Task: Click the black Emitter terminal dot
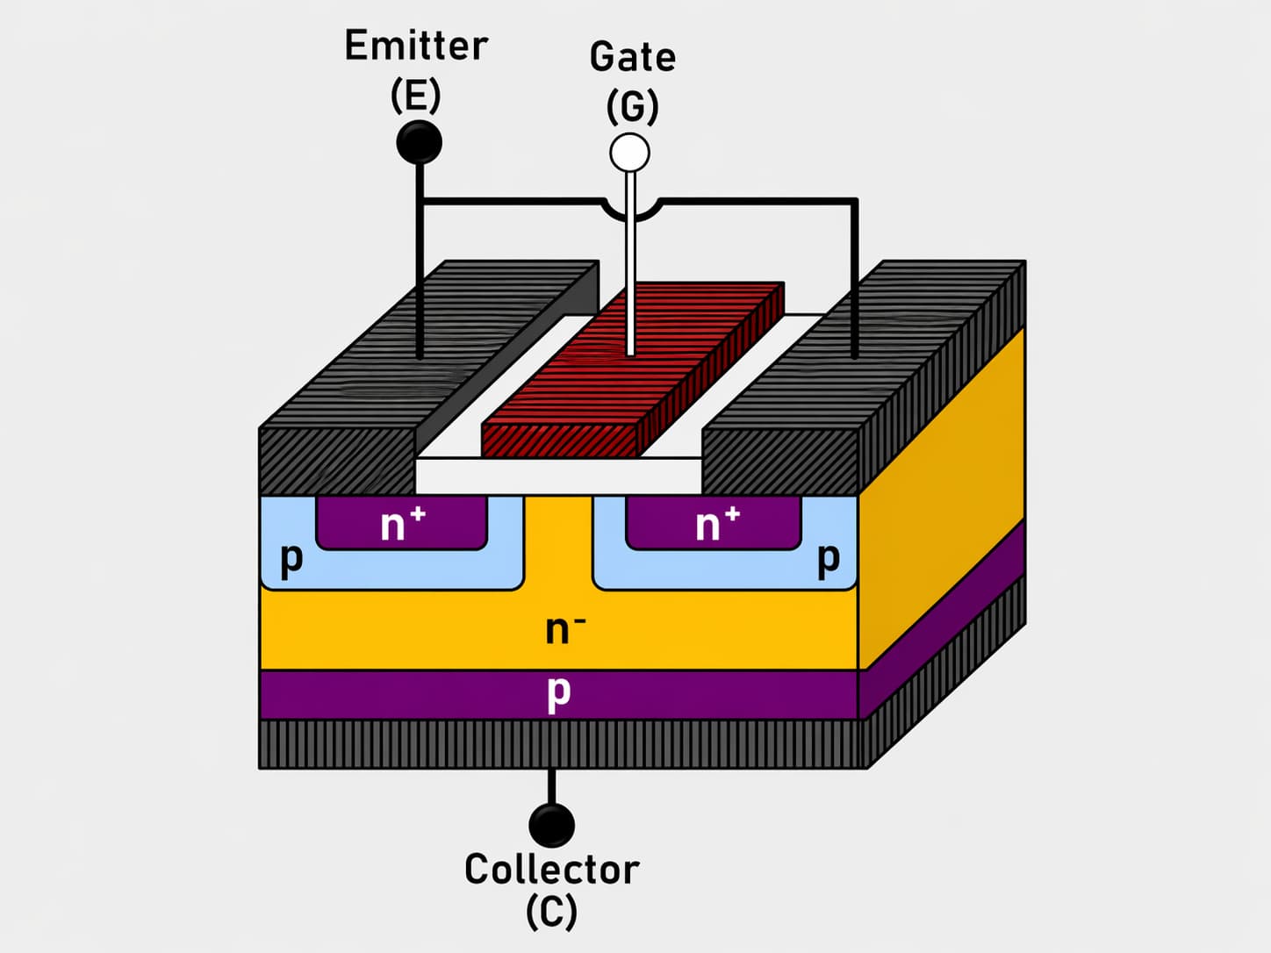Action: [419, 142]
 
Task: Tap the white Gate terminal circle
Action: [629, 153]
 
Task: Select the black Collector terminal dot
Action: [551, 825]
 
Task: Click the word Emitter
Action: [416, 46]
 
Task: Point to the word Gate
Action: [632, 58]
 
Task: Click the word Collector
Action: [551, 870]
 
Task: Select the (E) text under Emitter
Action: [415, 96]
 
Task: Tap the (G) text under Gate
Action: [632, 107]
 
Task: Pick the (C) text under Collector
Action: [551, 912]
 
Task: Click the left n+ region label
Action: [402, 524]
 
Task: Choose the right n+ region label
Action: [716, 524]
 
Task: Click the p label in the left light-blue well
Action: [291, 557]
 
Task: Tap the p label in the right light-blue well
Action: [828, 559]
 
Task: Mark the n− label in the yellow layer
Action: [564, 628]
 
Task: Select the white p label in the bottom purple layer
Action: [558, 692]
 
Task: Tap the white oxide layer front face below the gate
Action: [558, 476]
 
